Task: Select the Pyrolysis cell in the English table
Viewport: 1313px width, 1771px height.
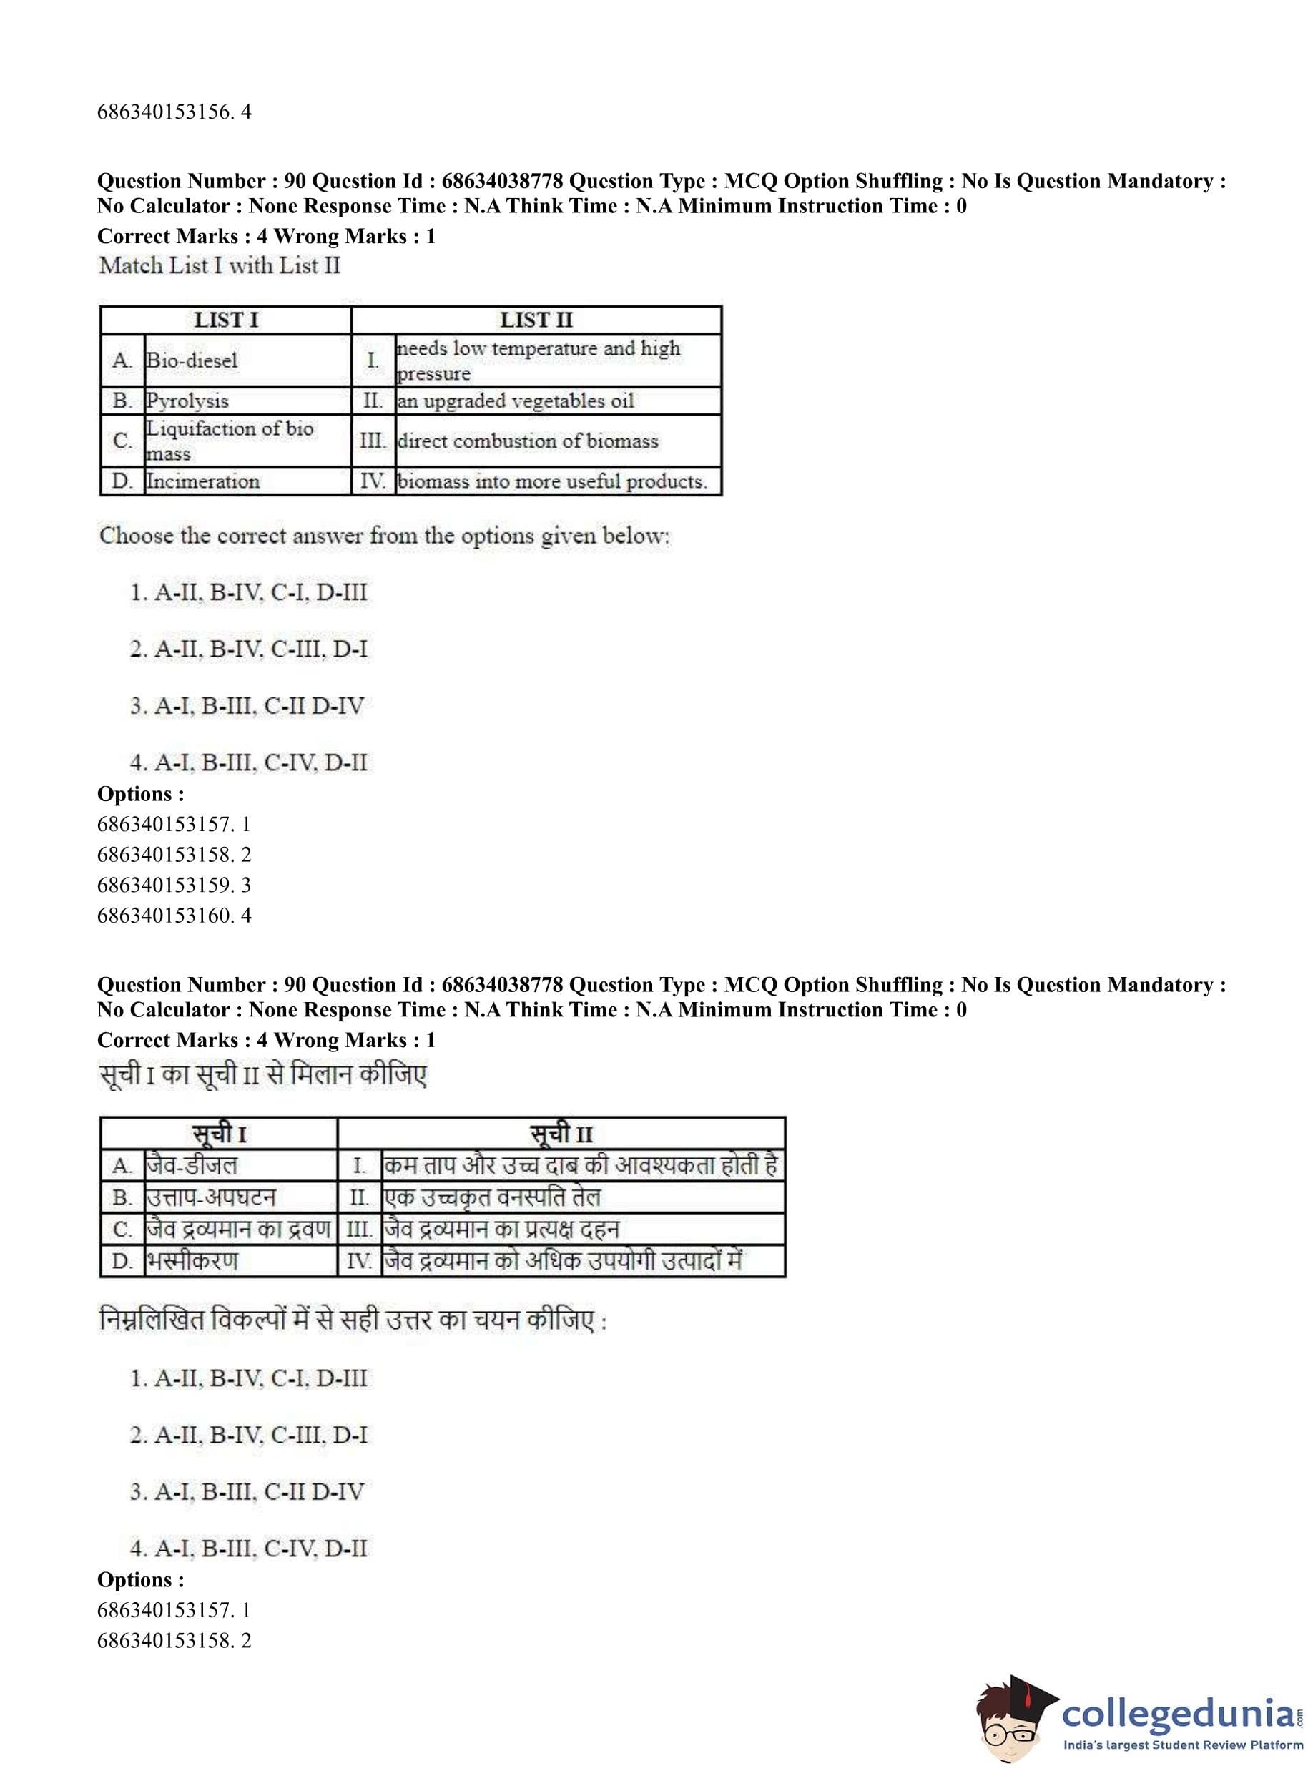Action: point(187,401)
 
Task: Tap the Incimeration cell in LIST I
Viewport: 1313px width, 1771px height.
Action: point(202,481)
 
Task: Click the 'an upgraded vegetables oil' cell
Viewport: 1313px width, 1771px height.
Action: point(516,401)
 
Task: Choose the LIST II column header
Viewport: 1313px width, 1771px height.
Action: point(536,320)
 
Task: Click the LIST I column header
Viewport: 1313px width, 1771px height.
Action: point(226,320)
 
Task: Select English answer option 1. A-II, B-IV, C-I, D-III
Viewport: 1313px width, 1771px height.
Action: point(249,592)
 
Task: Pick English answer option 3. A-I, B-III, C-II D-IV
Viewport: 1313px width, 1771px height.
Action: point(247,706)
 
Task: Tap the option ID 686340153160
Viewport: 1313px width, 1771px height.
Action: point(174,915)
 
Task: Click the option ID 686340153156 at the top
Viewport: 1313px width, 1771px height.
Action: point(174,112)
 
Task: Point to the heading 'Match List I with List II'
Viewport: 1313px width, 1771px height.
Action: point(220,265)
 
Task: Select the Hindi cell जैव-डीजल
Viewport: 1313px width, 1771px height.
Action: point(192,1165)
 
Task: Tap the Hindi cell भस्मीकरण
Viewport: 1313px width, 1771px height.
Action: point(192,1261)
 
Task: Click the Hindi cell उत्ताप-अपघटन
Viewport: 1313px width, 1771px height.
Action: point(211,1197)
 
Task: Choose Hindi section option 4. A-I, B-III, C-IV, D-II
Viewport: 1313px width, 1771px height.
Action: point(249,1548)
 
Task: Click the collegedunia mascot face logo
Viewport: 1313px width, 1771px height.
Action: point(1011,1719)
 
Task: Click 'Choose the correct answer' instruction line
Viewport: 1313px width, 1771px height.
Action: point(385,536)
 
